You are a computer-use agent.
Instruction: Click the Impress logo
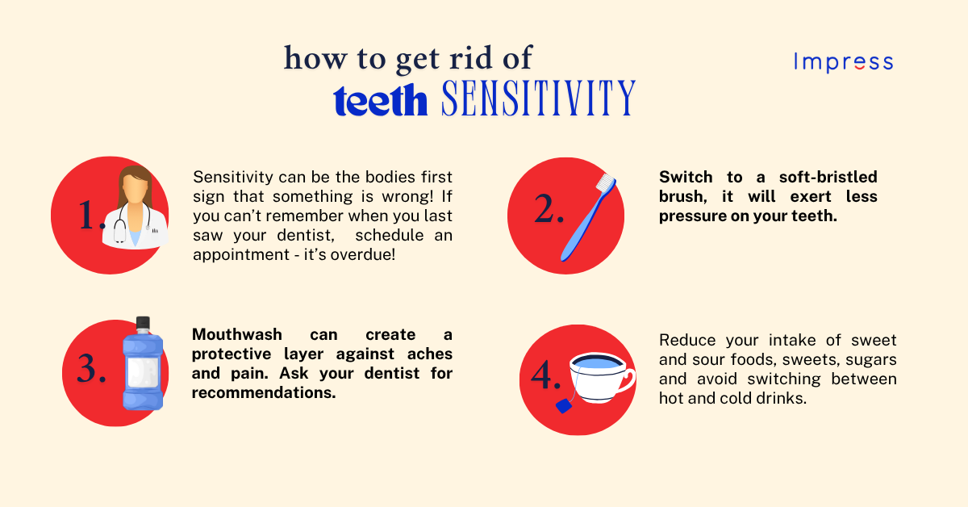point(843,62)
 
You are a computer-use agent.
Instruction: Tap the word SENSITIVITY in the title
point(538,99)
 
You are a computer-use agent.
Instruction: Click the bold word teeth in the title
point(380,102)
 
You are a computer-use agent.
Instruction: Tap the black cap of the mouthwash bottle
point(143,325)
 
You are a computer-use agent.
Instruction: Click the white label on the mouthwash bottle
point(143,373)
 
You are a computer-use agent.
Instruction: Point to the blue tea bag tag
point(563,406)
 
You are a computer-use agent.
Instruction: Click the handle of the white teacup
point(626,379)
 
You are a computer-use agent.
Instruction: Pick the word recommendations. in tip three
point(263,393)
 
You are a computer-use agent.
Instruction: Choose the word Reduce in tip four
point(685,340)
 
